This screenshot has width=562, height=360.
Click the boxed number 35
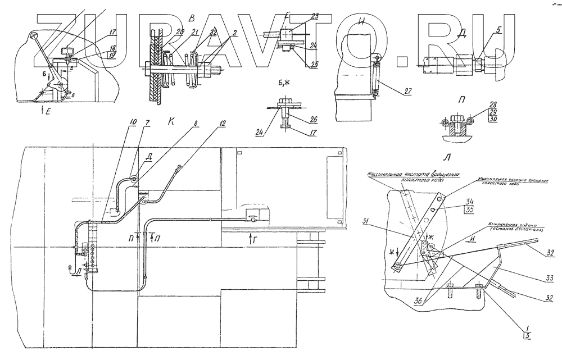pos(470,210)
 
